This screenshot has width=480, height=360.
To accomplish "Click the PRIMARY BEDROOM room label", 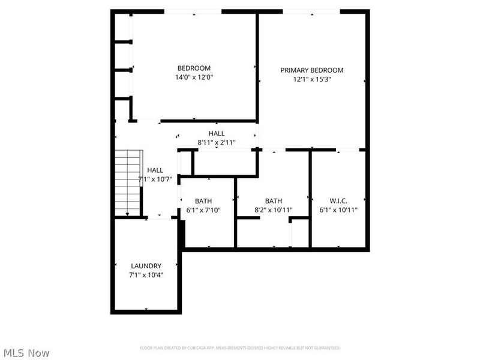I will [312, 70].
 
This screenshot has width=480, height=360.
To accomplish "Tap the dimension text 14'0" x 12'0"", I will [194, 77].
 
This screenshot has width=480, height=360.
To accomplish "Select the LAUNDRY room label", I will [146, 266].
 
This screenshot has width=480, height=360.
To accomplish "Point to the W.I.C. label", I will [338, 201].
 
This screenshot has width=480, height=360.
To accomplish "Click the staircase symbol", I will [128, 183].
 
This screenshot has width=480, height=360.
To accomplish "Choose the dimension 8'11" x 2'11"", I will [217, 143].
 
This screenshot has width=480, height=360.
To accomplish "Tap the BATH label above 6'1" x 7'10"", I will [204, 201].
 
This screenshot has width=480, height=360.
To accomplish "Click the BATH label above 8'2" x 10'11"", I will [274, 201].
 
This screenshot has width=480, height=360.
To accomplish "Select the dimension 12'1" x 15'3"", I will [312, 79].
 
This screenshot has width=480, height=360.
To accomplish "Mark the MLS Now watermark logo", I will [26, 353].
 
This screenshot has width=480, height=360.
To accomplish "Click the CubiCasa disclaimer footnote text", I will [240, 348].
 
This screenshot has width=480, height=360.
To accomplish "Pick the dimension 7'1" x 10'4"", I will [146, 275].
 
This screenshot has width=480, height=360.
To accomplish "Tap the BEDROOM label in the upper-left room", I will [194, 68].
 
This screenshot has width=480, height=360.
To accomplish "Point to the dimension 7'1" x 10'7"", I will [155, 179].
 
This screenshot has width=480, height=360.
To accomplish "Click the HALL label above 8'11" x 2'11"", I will [217, 133].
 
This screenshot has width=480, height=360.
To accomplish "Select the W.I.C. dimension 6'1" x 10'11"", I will [338, 210].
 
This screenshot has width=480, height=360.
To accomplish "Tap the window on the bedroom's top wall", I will [193, 11].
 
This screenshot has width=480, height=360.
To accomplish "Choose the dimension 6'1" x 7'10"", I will [204, 210].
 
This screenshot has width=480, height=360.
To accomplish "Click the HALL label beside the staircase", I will [155, 170].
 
